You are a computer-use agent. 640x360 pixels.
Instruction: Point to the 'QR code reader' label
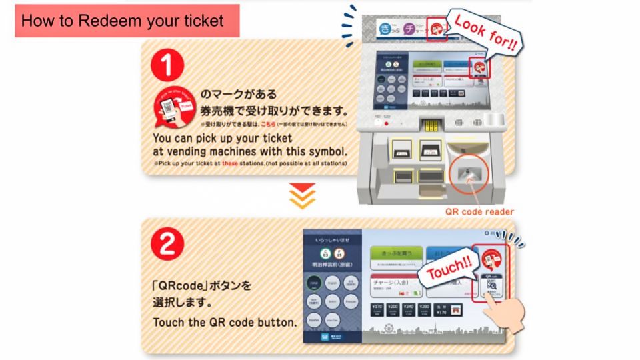coord(479,212)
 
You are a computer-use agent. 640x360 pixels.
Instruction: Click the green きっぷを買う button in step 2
coord(396,255)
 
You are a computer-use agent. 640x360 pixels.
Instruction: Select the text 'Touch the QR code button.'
coord(225,322)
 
